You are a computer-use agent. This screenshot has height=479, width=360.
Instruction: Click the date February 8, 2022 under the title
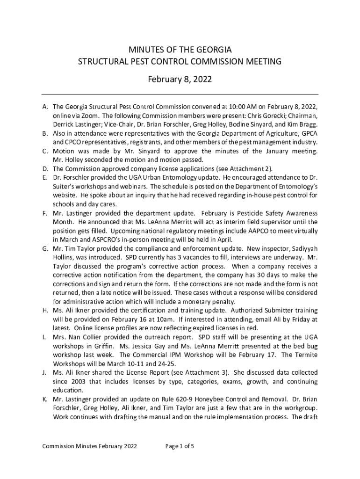pos(180,80)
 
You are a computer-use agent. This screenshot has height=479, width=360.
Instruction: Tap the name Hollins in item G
pos(65,257)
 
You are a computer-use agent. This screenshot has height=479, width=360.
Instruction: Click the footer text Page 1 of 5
pos(180,446)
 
